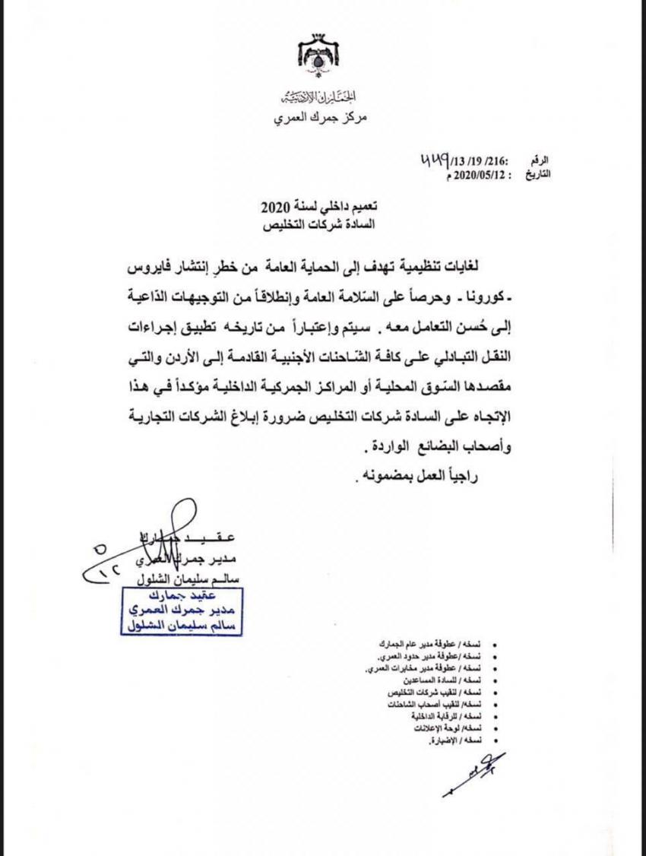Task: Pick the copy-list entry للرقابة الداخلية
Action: click(442, 717)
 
